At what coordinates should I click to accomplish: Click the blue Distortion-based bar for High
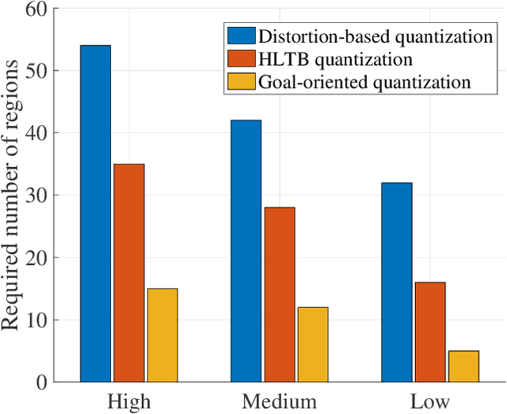(95, 214)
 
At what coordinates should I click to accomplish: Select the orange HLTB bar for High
(128, 273)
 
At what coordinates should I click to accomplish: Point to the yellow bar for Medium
(312, 344)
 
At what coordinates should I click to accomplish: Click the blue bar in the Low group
(396, 282)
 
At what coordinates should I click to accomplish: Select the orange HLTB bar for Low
(429, 332)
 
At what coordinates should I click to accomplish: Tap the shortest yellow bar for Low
(463, 367)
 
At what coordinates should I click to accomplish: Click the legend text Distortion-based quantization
(366, 36)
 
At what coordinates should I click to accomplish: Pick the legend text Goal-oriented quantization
(354, 81)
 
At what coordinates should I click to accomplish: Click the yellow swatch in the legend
(241, 81)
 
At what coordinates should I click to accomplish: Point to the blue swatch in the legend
(241, 36)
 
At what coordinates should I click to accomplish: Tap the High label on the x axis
(128, 401)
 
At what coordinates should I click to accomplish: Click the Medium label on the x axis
(279, 401)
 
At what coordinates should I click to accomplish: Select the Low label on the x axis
(429, 401)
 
